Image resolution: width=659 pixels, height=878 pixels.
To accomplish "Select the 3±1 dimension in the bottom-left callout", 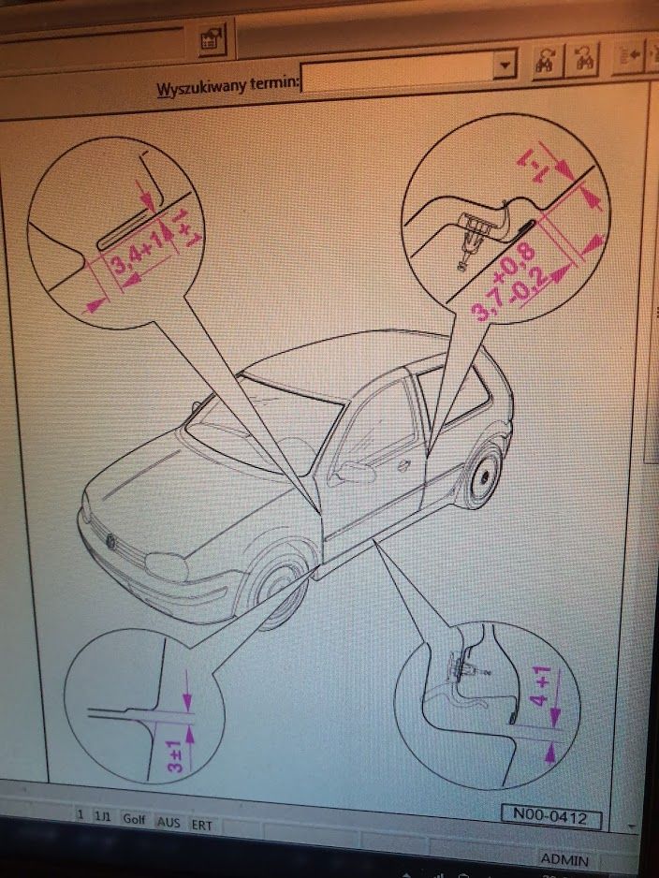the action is point(176,755).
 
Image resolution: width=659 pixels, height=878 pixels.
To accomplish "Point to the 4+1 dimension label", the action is point(540,685).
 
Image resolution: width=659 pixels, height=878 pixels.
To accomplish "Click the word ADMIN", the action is point(564,859).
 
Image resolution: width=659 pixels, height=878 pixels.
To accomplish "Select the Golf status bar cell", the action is point(134,819).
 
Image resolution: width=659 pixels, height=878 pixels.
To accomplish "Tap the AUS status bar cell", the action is point(168,822).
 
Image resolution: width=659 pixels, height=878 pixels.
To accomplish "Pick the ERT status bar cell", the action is point(201,825).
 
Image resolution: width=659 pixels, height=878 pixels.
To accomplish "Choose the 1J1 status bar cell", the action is point(102,816).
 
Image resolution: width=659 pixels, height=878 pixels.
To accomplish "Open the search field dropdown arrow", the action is point(505,65).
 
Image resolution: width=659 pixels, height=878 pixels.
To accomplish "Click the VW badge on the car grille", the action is point(111,541).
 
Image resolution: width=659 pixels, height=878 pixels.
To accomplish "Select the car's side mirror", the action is point(353,473).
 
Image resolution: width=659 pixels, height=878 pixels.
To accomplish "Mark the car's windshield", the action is point(263,427).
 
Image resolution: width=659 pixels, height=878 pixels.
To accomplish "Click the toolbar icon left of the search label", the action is point(212,39).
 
